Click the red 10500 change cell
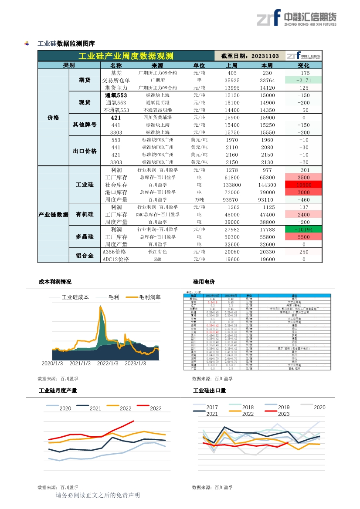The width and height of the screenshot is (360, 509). coord(303,185)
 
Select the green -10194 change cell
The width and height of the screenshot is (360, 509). coord(303,229)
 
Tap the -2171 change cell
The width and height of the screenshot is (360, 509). coord(303,80)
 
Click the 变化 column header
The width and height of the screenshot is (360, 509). coord(303,65)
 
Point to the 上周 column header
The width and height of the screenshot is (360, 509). coord(232,65)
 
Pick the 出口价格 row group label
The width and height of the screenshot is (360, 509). coord(85,151)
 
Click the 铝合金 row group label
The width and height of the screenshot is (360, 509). coord(85,256)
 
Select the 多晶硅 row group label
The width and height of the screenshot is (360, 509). coord(85,237)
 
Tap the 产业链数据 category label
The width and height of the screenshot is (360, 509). coord(53,215)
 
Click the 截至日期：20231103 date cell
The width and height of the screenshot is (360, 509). coord(250,56)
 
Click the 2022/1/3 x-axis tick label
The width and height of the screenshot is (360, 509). coord(108,364)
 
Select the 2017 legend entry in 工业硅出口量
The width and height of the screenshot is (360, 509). coord(212,408)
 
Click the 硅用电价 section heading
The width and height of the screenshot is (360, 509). coord(204,282)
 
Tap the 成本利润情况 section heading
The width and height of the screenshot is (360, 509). coord(55,282)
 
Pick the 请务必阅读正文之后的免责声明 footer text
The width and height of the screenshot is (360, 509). coord(98,495)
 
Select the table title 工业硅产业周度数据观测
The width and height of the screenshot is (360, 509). coord(126,56)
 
